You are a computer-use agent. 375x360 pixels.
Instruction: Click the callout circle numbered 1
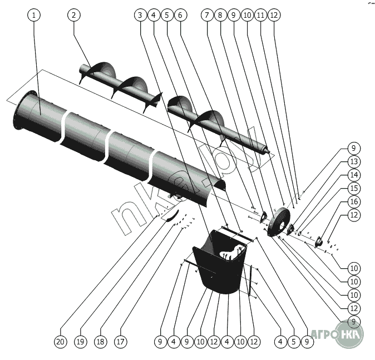[x=34, y=16]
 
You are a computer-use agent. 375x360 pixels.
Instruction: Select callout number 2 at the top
[x=73, y=16]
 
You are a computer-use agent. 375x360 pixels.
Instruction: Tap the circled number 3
[x=140, y=16]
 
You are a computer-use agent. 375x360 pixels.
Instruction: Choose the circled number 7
[x=208, y=16]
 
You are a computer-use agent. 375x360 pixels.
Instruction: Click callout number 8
[x=221, y=16]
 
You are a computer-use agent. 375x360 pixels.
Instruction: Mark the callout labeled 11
[x=260, y=16]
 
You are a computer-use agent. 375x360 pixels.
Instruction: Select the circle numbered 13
[x=354, y=161]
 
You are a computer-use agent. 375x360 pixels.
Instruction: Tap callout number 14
[x=354, y=175]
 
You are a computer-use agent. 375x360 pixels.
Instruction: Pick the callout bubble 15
[x=354, y=188]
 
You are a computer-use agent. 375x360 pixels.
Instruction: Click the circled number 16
[x=354, y=201]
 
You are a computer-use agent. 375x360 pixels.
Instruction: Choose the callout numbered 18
[x=101, y=340]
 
